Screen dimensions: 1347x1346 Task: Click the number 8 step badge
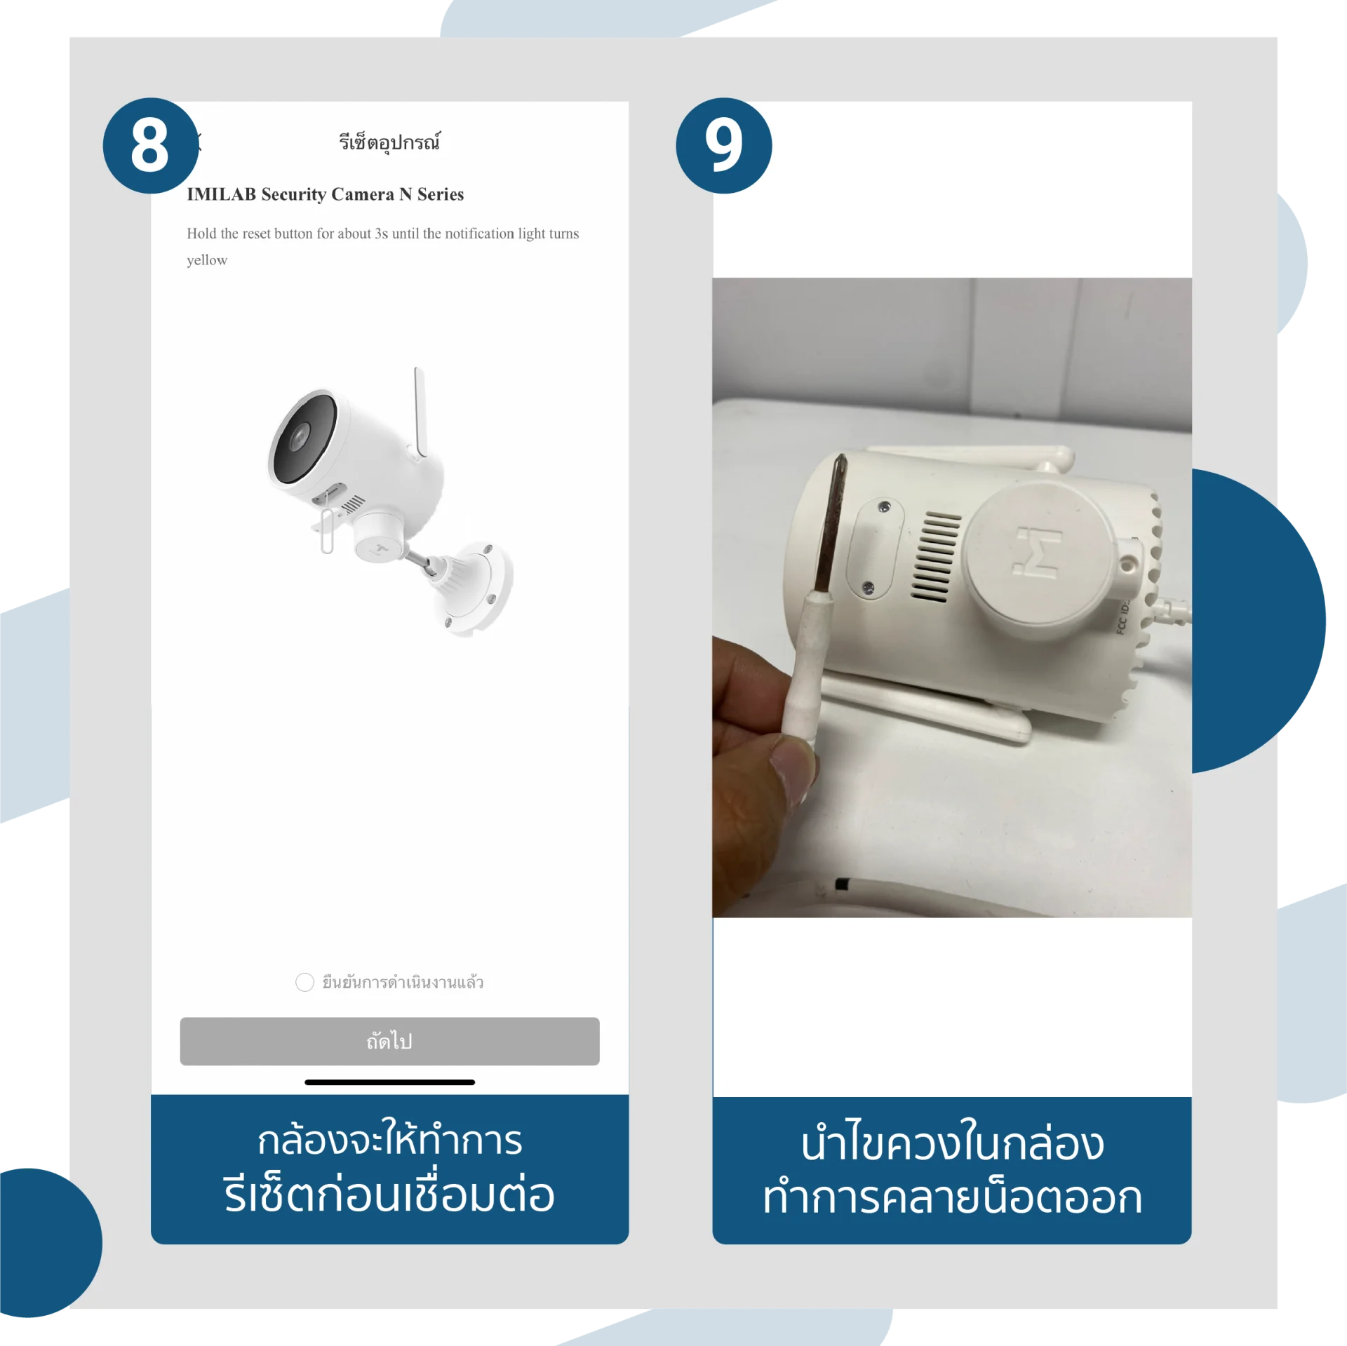(x=151, y=145)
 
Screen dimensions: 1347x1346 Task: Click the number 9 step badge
(x=723, y=145)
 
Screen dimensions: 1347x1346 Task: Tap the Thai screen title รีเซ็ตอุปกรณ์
(x=389, y=142)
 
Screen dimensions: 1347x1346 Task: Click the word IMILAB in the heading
(x=221, y=194)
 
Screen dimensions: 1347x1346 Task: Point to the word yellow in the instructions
(x=207, y=260)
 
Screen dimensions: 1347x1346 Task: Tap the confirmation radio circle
(x=304, y=982)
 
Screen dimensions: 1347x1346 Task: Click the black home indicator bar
(x=389, y=1082)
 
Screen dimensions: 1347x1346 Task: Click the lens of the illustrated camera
(x=300, y=437)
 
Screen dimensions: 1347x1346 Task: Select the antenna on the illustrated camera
(x=420, y=412)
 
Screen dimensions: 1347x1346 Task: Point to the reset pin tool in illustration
(x=327, y=530)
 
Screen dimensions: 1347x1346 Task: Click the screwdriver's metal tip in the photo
(x=831, y=523)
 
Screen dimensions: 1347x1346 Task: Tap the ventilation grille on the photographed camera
(x=935, y=557)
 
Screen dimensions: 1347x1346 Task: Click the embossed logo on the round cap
(x=1038, y=552)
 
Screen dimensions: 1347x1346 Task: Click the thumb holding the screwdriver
(x=793, y=772)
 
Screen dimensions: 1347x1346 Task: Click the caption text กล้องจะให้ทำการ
(x=389, y=1140)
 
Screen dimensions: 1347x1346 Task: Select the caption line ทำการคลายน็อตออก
(x=952, y=1197)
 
